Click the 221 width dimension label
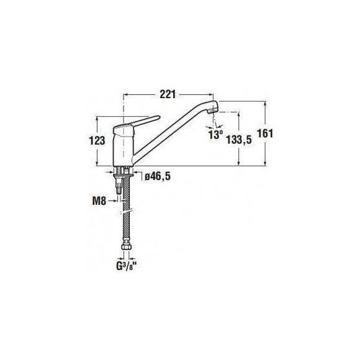(168, 94)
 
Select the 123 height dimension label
(97, 140)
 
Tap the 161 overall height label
(265, 133)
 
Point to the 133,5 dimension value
(239, 140)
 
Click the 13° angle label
(215, 135)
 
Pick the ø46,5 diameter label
(158, 176)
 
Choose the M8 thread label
(99, 201)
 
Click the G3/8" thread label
(126, 266)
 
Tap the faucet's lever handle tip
(158, 117)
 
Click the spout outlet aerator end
(213, 111)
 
